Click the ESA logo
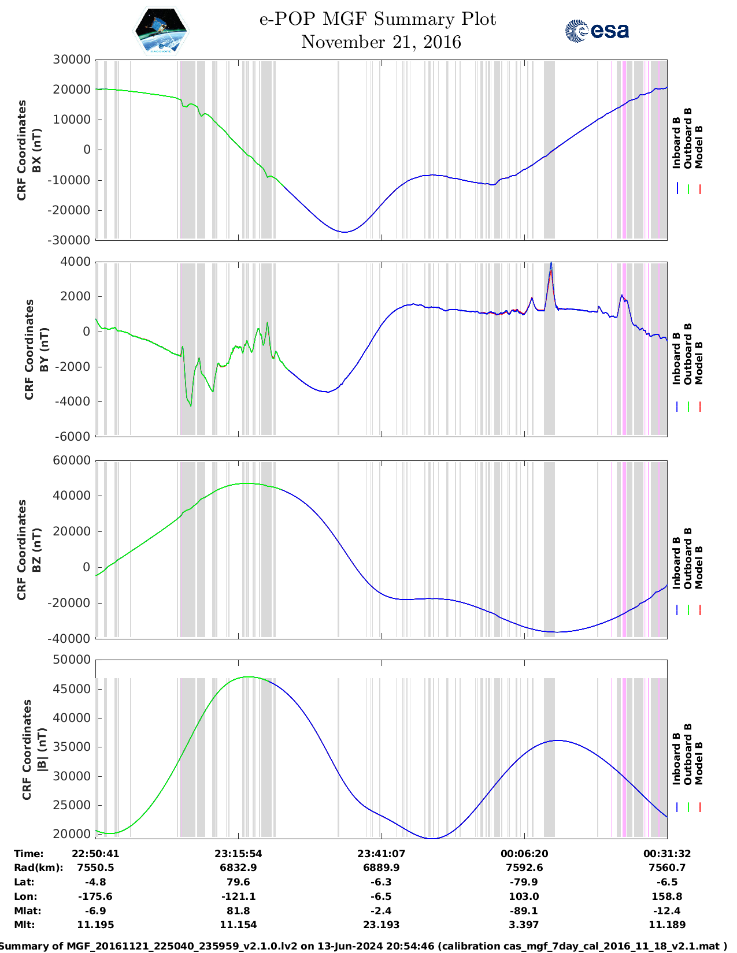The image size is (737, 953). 597,31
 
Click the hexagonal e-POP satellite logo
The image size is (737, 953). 161,31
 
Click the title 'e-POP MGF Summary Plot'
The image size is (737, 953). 377,19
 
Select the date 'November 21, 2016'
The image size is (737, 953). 381,42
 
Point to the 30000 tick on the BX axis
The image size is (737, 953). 72,59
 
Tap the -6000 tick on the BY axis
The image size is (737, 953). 73,437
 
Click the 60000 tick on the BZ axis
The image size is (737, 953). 72,460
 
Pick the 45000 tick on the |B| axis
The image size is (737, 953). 72,689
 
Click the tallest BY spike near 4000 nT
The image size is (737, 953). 551,264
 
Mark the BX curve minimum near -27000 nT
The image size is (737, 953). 345,232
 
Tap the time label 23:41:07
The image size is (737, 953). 381,854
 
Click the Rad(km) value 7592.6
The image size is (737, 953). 524,868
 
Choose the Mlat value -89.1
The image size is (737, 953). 524,911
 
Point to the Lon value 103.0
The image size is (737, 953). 524,896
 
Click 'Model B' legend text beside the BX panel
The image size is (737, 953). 699,147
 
